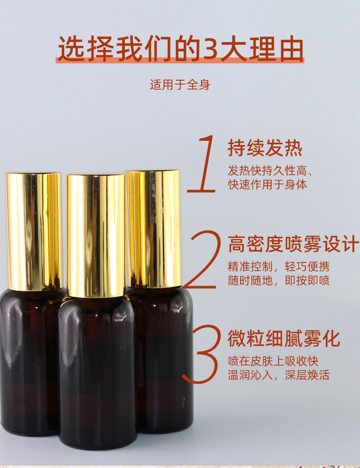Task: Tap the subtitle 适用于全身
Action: (x=180, y=85)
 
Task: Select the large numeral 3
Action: (x=202, y=354)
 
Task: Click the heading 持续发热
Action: (x=265, y=149)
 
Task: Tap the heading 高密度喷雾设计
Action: (x=293, y=244)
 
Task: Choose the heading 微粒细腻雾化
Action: (x=283, y=339)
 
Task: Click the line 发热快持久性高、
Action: (x=270, y=171)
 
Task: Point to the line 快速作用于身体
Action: (x=267, y=185)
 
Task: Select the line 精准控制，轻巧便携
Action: (x=278, y=267)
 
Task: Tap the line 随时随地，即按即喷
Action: (x=278, y=280)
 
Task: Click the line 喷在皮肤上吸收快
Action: (x=273, y=361)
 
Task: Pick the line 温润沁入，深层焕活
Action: (x=278, y=375)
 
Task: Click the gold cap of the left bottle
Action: (x=34, y=230)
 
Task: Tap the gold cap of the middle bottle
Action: (x=96, y=235)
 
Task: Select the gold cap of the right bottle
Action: (x=154, y=228)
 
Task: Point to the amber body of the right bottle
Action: (x=166, y=360)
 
